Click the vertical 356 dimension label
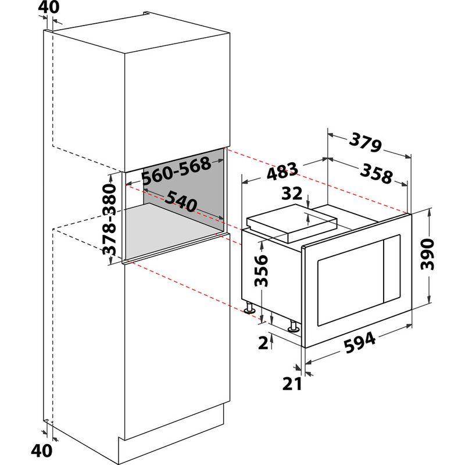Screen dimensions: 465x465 (262, 271)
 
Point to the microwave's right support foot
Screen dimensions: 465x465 (294, 327)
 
